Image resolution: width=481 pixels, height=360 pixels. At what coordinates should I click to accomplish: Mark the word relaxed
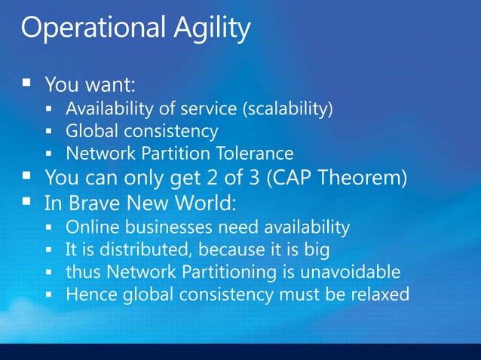click(x=381, y=293)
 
